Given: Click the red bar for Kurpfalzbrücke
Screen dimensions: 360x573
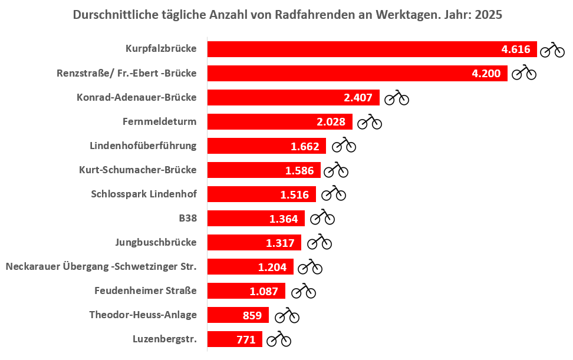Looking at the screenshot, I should pos(354,49).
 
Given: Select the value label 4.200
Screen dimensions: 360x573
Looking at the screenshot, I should pos(486,74).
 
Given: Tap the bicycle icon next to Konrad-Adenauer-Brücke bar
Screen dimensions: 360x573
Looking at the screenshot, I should pos(397,98).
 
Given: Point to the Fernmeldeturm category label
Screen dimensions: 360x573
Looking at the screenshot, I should pos(160,122).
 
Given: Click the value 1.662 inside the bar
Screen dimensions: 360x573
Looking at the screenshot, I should pos(305,147).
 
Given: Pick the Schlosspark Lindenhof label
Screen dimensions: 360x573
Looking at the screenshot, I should pos(144,194).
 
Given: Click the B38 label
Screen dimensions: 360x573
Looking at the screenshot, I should pos(188,219).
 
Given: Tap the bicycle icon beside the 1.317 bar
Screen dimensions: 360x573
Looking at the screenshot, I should pos(320,242).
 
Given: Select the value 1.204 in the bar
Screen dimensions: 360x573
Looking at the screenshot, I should pos(272,267).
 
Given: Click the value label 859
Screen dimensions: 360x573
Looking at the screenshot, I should pos(252,315).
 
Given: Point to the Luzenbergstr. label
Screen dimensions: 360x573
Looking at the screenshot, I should pos(165,339).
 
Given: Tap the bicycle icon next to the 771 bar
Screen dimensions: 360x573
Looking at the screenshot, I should pos(279,339).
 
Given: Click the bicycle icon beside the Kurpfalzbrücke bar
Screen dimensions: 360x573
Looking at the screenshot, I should pos(552,49).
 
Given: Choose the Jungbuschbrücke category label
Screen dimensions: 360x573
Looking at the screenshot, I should pos(156,242).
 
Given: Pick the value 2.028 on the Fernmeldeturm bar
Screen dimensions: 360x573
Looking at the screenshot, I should pos(331,122).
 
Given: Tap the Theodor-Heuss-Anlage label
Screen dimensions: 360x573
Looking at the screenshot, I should pos(143,315).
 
